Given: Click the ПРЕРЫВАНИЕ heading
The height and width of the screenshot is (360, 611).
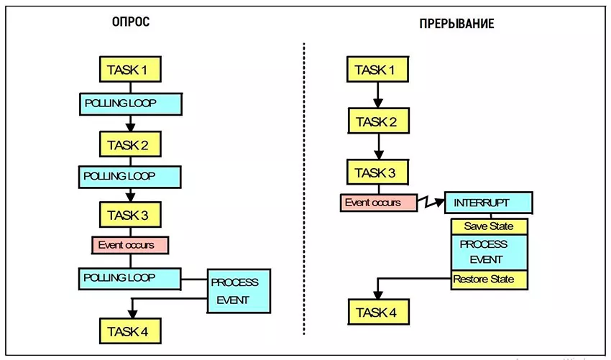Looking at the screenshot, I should (x=456, y=24).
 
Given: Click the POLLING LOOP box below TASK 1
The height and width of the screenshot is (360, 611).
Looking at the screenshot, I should (x=129, y=103).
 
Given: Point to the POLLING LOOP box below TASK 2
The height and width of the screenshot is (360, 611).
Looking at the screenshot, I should (x=129, y=175).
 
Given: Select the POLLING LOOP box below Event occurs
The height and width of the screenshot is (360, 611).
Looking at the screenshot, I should (x=129, y=277).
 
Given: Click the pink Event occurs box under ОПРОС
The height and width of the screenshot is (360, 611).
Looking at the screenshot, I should (x=129, y=244).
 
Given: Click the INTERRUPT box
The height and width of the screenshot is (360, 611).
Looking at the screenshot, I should (x=489, y=203).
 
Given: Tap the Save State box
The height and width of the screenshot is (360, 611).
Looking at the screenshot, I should (x=489, y=226).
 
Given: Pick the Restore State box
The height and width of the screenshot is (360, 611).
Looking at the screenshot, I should (x=489, y=280).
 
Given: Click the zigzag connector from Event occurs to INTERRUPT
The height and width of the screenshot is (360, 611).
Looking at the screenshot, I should (x=431, y=203).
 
